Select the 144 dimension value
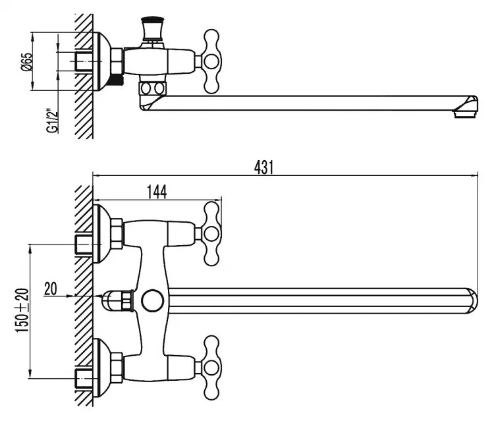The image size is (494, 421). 157,192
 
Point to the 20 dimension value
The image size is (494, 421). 51,288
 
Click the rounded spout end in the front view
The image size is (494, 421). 470,300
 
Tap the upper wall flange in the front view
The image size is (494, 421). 102,233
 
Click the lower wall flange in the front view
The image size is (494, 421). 102,366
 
